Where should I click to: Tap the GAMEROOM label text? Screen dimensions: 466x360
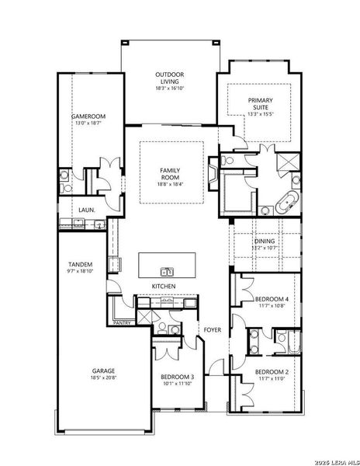(88, 116)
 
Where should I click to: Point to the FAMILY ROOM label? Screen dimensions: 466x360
(170, 173)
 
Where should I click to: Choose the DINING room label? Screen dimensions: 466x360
(264, 241)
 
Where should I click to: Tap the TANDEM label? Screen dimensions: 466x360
(81, 264)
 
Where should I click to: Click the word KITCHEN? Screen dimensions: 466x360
(163, 287)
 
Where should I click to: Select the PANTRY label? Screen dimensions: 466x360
(121, 322)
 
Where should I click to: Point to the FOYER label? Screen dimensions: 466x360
(213, 330)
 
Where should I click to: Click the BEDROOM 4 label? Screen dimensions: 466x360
(272, 299)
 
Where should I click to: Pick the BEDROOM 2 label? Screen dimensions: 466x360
(272, 372)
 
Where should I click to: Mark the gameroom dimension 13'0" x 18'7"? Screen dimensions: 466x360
(88, 123)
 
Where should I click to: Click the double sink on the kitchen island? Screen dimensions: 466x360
(166, 272)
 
